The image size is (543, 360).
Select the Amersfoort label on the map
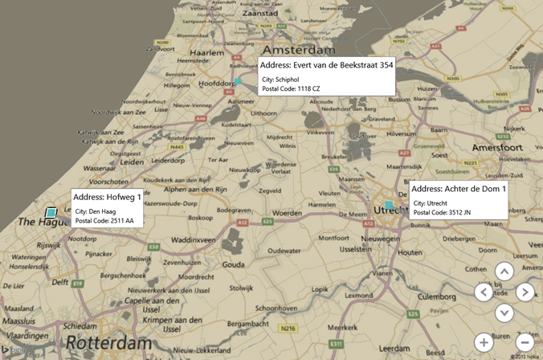pos(496,149)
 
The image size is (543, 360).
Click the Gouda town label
pos(234,264)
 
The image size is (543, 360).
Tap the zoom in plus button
pos(484,342)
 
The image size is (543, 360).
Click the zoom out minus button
pos(525,342)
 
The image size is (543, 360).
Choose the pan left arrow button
pos(484,292)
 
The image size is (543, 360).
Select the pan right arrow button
pos(525,292)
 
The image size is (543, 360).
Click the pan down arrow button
pos(504,313)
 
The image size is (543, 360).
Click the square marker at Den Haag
pos(51,212)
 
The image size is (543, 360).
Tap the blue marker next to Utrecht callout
pos(389,206)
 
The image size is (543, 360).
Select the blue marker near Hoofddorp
pos(238,81)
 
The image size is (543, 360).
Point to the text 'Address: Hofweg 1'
pos(107,197)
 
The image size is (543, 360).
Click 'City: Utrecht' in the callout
pos(431,203)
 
